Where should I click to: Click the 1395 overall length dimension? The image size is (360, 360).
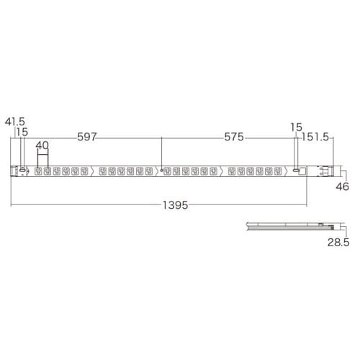pos(173,205)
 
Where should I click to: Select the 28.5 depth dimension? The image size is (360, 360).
pos(338,244)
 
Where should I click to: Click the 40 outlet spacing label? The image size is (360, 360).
pos(42,144)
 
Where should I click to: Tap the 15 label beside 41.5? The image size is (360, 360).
pos(22,133)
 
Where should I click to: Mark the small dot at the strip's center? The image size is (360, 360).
pos(162,171)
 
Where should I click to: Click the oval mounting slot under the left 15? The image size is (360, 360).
pos(22,171)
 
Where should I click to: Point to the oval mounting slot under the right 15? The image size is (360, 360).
pos(294,171)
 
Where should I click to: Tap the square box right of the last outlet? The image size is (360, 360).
pos(302,171)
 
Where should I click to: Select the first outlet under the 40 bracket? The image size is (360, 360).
pos(38,171)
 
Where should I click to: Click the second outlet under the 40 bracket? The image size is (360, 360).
pos(48,171)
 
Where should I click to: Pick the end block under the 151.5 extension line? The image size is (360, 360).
pos(328,171)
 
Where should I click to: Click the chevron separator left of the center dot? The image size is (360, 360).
pos(153,171)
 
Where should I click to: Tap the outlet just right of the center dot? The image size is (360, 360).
pos(171,171)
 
